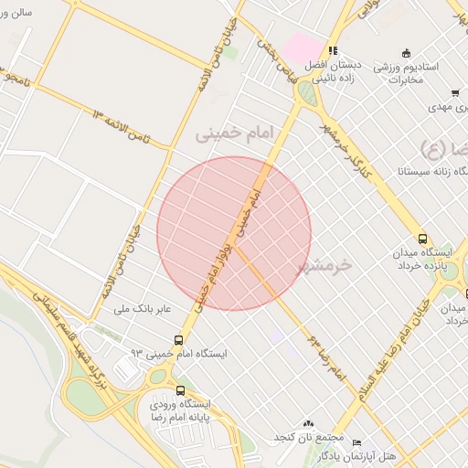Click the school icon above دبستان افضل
pyautogui.click(x=334, y=50)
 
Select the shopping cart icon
pyautogui.click(x=454, y=92)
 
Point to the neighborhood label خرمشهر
pyautogui.click(x=324, y=266)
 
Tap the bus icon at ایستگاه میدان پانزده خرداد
pyautogui.click(x=421, y=233)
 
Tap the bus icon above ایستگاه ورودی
pyautogui.click(x=178, y=389)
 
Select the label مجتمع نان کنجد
pyautogui.click(x=280, y=437)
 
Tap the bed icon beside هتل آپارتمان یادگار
pyautogui.click(x=356, y=441)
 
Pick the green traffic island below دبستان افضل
pyautogui.click(x=309, y=92)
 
